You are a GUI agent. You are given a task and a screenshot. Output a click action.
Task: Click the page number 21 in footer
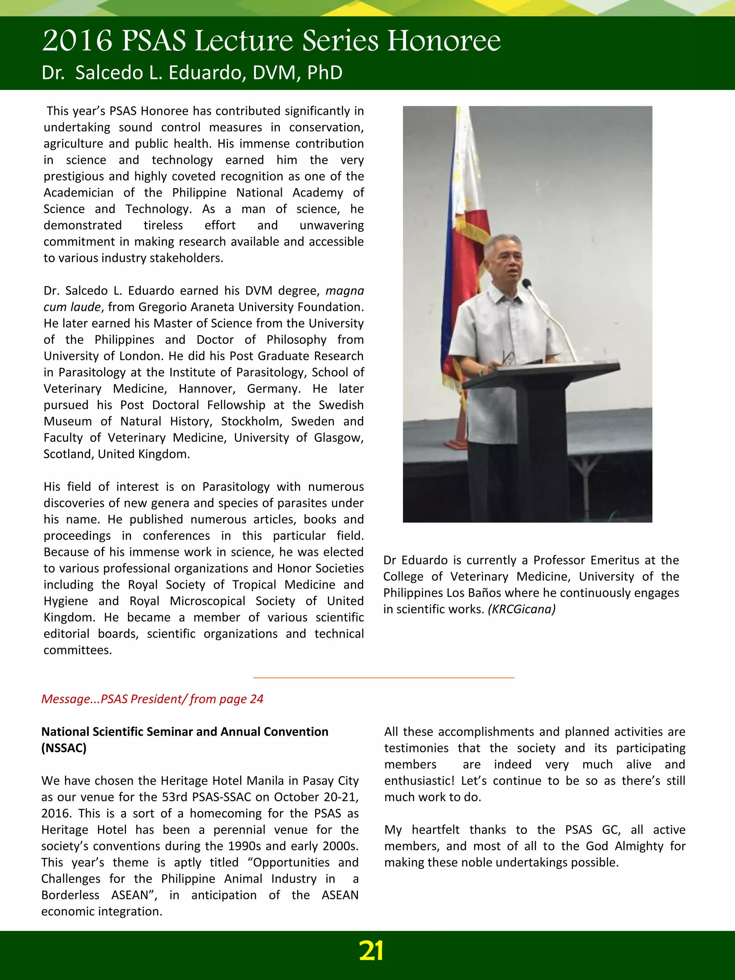(371, 951)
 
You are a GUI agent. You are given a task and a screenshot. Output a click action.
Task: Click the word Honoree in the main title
(444, 41)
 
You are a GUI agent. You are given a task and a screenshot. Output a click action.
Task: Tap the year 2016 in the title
(77, 41)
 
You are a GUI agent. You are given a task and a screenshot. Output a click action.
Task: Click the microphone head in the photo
(526, 283)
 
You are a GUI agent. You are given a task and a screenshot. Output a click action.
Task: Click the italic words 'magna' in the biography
(344, 291)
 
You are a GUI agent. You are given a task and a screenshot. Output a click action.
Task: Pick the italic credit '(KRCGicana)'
(521, 609)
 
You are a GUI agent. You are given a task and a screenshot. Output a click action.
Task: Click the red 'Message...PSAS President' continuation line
(152, 699)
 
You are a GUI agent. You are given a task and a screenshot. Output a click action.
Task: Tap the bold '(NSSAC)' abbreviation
(64, 748)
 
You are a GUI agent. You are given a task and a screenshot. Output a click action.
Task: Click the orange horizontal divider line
(383, 677)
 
